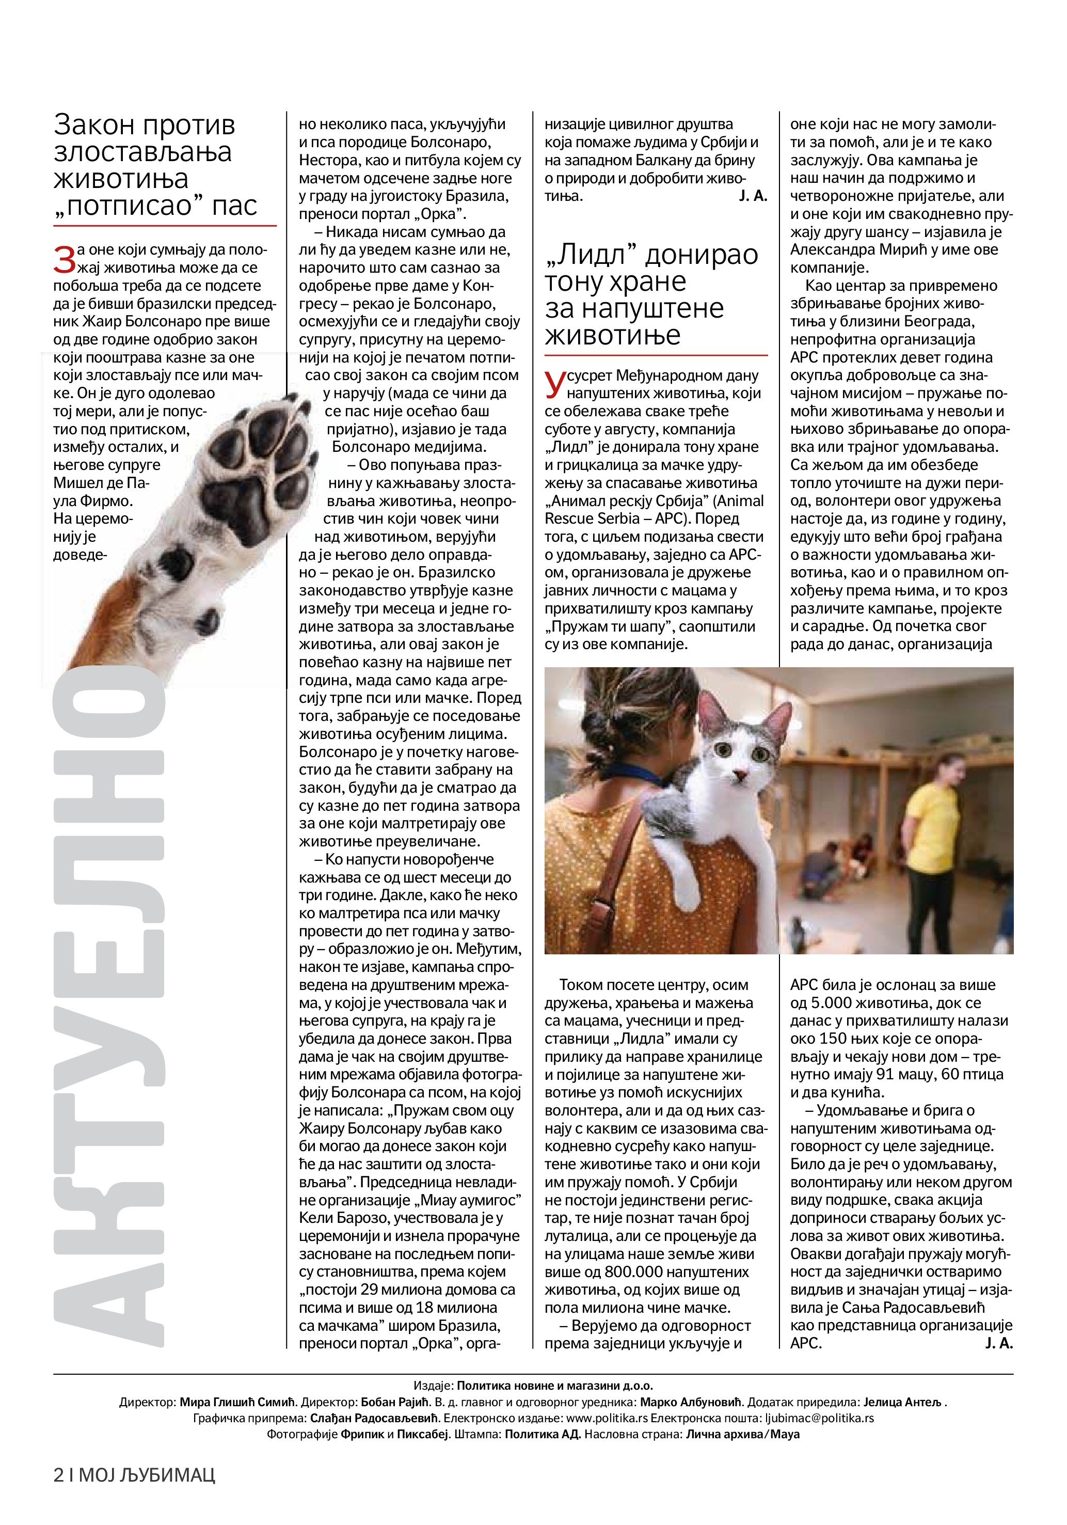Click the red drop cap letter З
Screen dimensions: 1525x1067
[x=65, y=258]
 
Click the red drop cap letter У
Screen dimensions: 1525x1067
[x=555, y=384]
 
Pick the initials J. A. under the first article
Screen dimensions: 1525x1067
[x=752, y=196]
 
